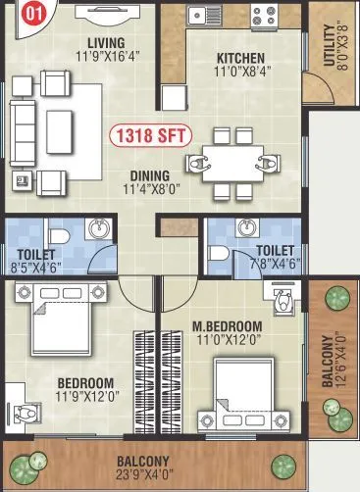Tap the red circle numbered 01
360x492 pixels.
click(x=33, y=14)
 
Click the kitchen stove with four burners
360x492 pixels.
click(x=264, y=16)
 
